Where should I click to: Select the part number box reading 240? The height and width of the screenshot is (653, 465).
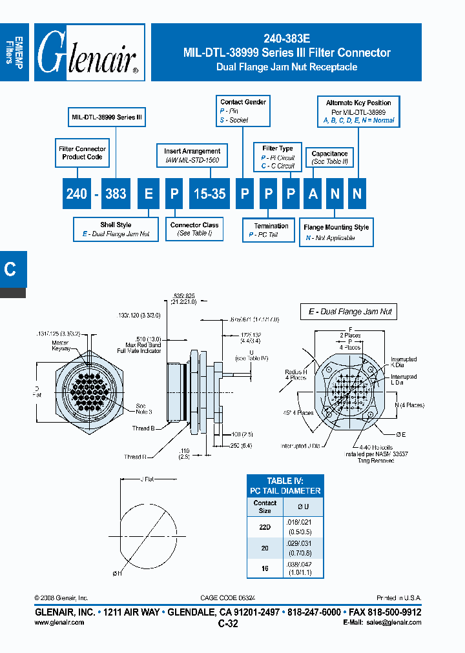click(x=76, y=194)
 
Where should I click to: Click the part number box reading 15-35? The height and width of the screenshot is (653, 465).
click(x=210, y=194)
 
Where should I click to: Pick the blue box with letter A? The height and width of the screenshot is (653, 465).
click(x=313, y=194)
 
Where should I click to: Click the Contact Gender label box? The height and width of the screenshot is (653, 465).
click(x=242, y=110)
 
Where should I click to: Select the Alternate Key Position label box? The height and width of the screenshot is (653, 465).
click(x=358, y=111)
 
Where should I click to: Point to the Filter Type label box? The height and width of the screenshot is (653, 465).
click(x=277, y=157)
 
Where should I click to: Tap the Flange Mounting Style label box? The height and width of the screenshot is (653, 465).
click(x=336, y=232)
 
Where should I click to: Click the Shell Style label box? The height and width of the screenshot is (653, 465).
click(x=116, y=229)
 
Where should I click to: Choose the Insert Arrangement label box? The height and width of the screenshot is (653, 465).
click(x=192, y=155)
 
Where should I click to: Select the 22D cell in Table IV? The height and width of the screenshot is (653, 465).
click(x=265, y=527)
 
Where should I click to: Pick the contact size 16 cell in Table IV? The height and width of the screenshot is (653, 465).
click(x=265, y=568)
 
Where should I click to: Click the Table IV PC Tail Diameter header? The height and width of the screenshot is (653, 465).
click(x=285, y=486)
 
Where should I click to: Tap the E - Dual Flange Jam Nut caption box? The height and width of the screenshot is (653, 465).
click(x=349, y=312)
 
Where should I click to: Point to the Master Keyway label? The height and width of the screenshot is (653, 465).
click(x=61, y=345)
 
